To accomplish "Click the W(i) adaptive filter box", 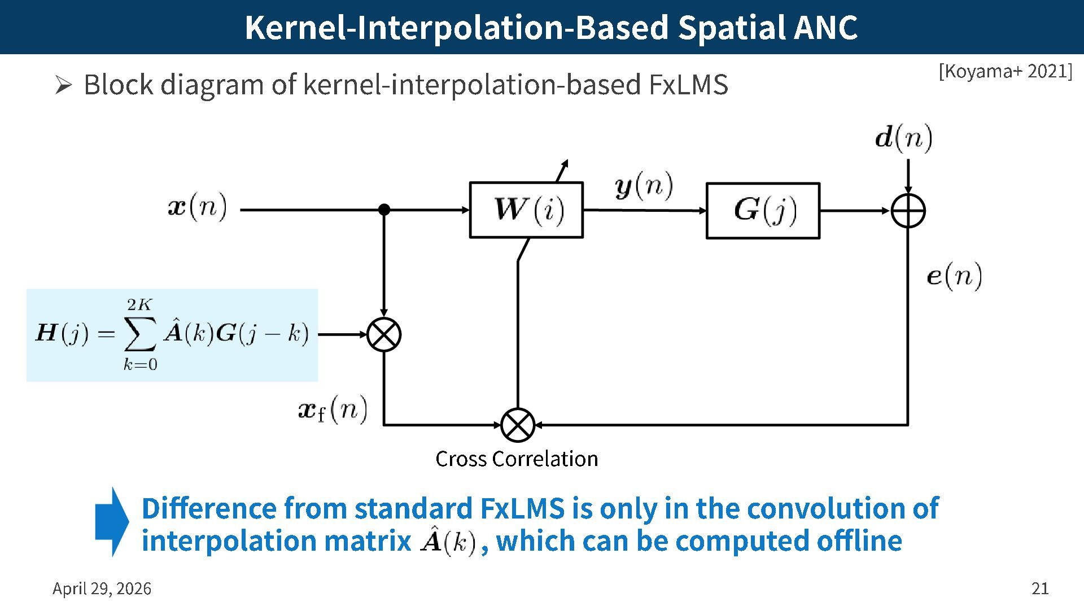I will click(526, 210).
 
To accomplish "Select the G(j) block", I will click(763, 211).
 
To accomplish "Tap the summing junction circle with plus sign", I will click(908, 211).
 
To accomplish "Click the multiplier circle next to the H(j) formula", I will click(384, 334).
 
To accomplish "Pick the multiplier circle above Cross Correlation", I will click(518, 425).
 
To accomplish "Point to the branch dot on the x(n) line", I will click(384, 210).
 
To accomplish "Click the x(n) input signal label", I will click(198, 207).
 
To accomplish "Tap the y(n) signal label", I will click(644, 186).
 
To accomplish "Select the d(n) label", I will click(903, 138).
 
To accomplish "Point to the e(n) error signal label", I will click(954, 276).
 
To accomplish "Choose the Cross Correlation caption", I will click(517, 459).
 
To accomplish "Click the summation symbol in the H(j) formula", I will click(139, 334).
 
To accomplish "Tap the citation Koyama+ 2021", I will click(1005, 71).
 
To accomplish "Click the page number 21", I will click(1040, 589).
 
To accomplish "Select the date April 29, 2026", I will click(102, 589).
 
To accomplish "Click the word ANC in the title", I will click(825, 27).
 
